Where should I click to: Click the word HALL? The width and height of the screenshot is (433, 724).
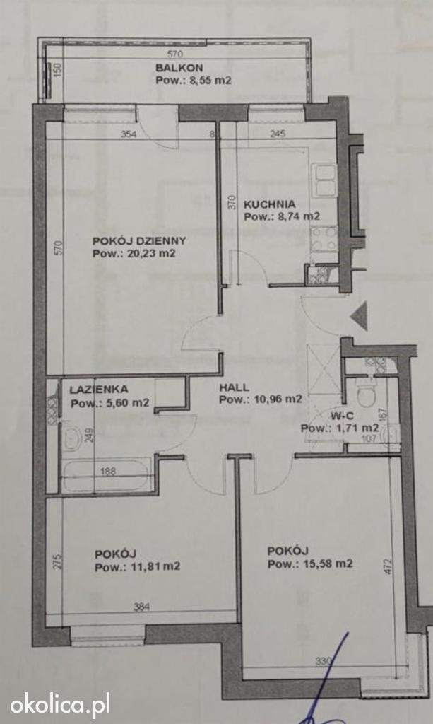tap(234, 387)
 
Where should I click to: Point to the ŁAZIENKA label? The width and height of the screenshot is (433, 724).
tap(99, 390)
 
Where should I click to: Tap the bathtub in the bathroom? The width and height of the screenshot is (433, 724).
tap(106, 475)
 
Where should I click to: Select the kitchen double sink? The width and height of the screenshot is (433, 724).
tap(325, 180)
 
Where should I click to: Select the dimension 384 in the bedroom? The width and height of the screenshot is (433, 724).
tap(141, 607)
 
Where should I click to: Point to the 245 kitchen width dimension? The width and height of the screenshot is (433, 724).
tap(278, 134)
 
